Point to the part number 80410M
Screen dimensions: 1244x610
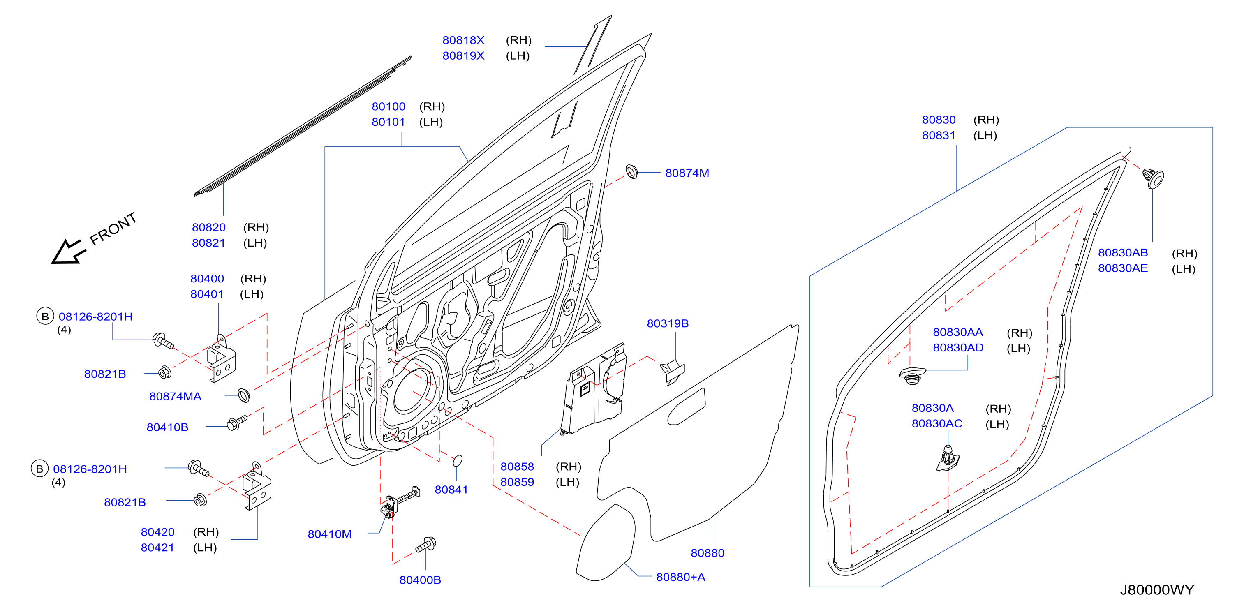click(x=329, y=534)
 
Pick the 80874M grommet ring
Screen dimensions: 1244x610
click(x=631, y=171)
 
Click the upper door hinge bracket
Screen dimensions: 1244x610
click(x=221, y=359)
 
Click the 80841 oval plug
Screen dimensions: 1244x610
click(x=457, y=461)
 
